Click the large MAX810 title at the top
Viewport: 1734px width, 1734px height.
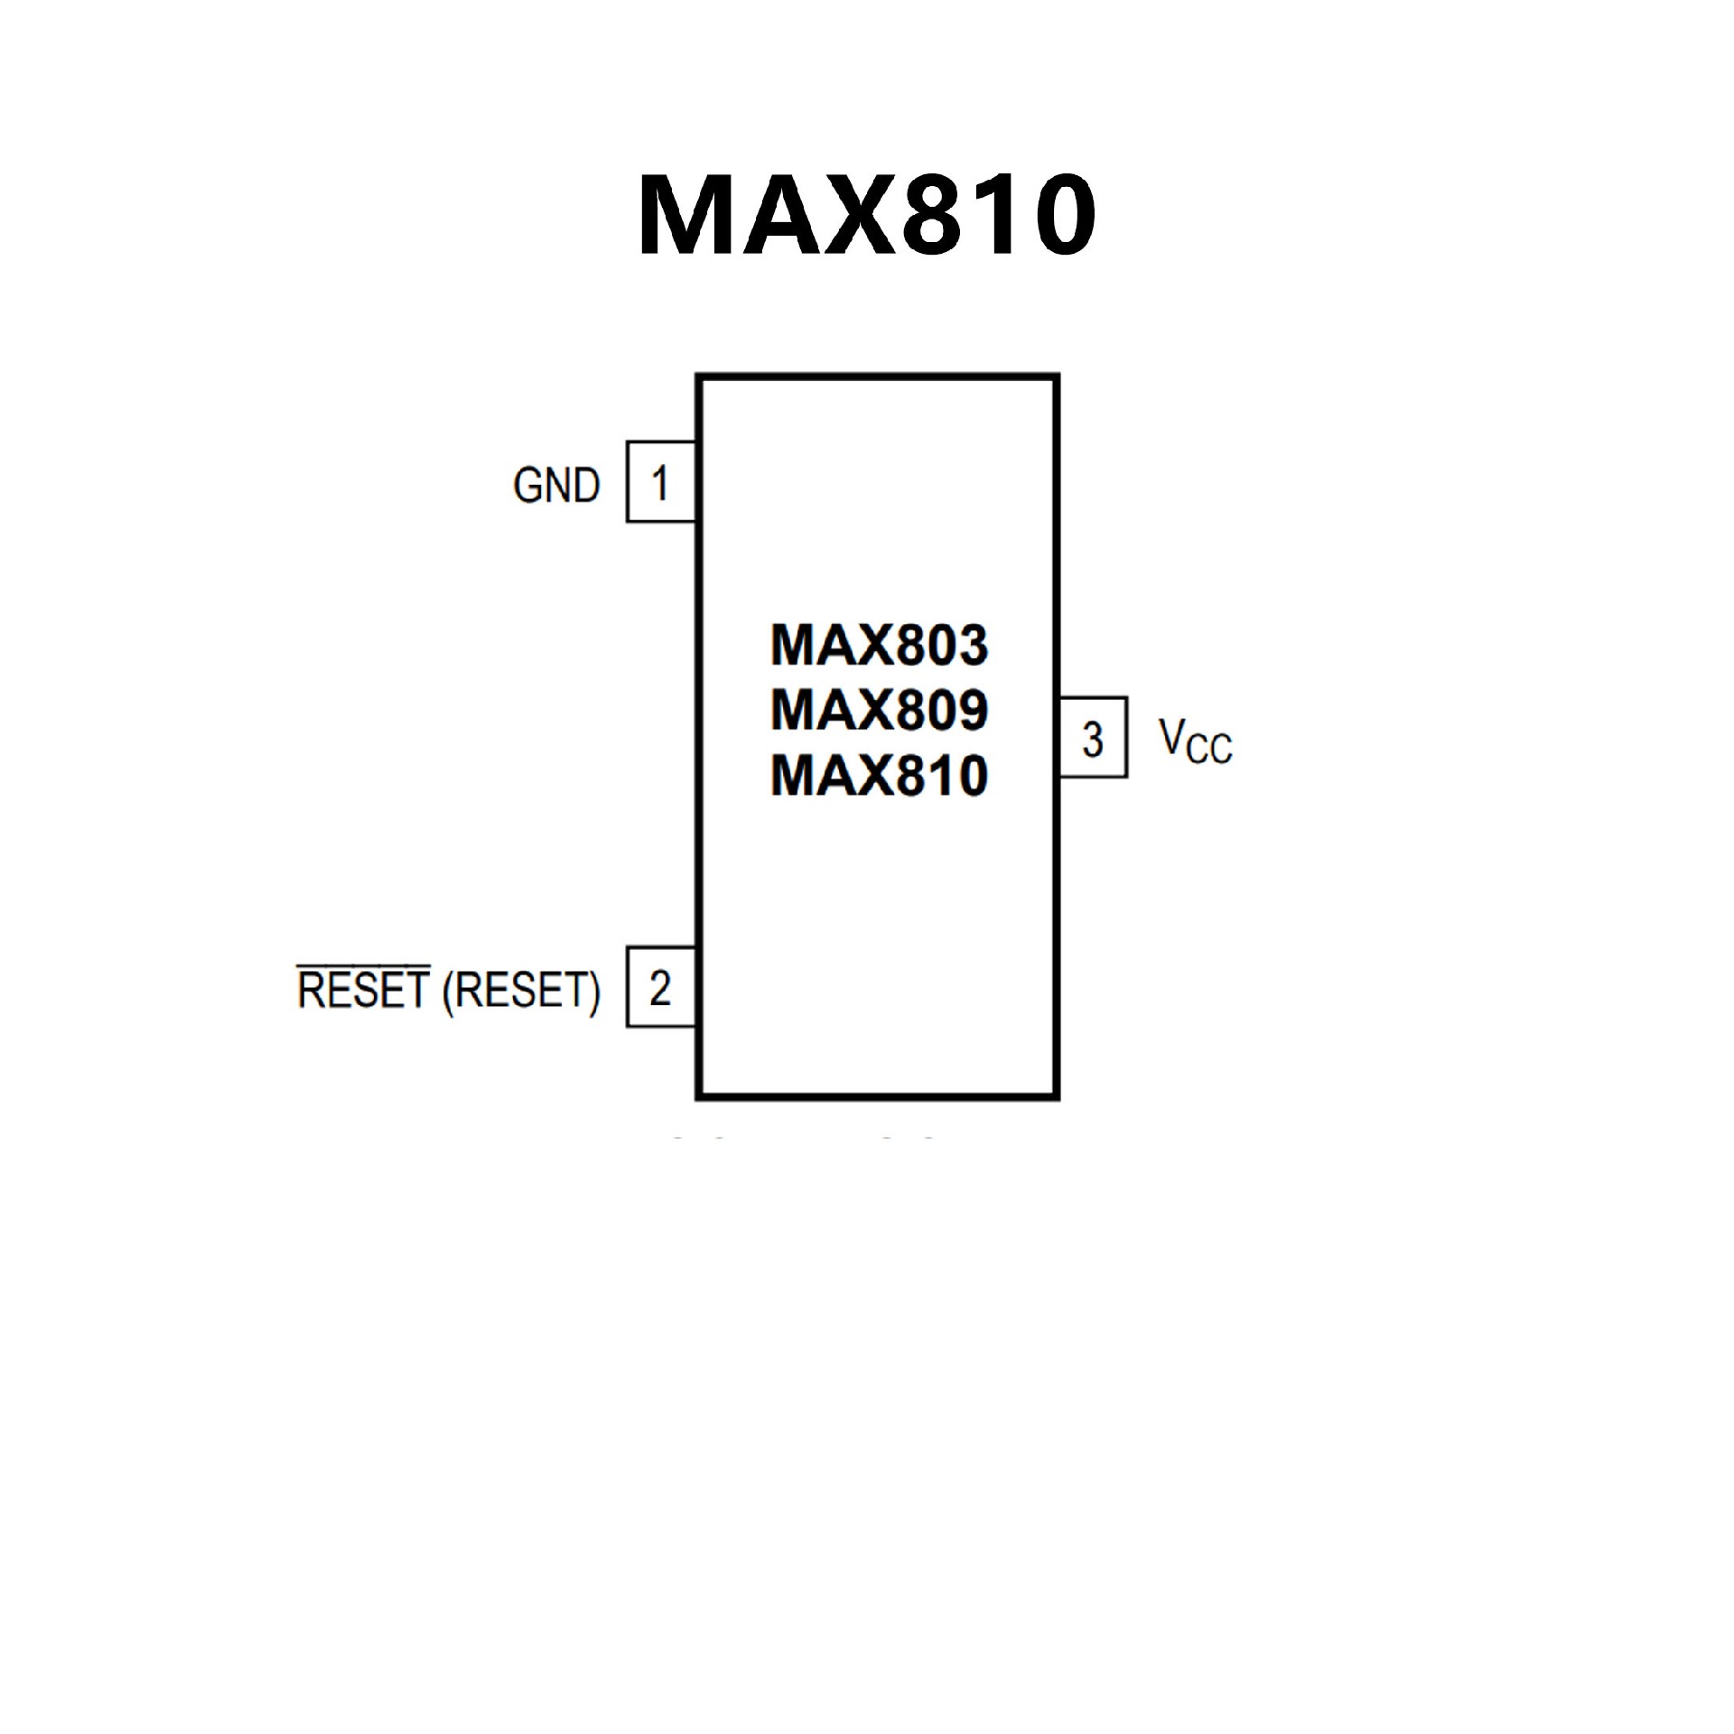tap(867, 217)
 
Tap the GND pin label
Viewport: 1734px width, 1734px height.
tap(556, 486)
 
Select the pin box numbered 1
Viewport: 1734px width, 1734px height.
tap(660, 482)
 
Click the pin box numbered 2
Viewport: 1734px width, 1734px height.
tap(660, 987)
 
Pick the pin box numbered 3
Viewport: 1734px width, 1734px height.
tap(1093, 737)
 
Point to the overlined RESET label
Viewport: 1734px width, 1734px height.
tap(363, 990)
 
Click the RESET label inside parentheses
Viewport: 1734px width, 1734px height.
tap(521, 991)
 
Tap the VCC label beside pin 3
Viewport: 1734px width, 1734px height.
tap(1195, 741)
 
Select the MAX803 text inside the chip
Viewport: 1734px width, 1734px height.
tap(879, 645)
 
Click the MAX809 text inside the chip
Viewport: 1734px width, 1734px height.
tap(879, 710)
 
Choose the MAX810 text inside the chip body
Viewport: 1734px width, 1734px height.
tap(879, 776)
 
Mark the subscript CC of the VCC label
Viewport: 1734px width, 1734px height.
tap(1209, 750)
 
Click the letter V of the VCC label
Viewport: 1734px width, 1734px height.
tap(1171, 735)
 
